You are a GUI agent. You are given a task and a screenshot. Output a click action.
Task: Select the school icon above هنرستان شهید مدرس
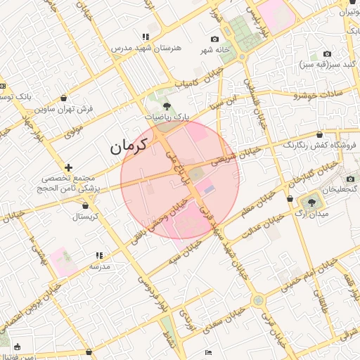(x=146, y=37)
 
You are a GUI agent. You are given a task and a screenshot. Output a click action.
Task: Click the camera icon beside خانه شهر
(x=214, y=39)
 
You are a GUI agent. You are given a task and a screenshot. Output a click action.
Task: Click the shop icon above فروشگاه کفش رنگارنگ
(x=320, y=134)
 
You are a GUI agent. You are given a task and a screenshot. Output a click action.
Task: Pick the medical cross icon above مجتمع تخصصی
(x=68, y=167)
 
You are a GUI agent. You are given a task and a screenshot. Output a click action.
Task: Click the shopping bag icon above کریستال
(x=86, y=205)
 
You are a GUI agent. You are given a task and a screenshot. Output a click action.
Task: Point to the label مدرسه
(x=98, y=267)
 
